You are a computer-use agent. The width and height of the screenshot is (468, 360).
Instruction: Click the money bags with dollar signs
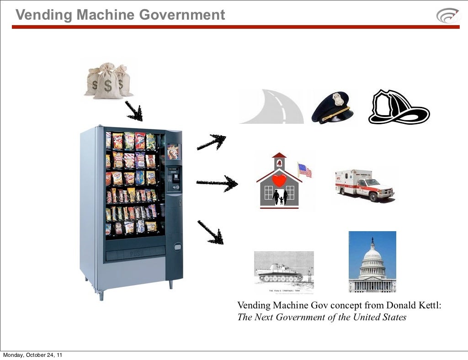click(x=108, y=81)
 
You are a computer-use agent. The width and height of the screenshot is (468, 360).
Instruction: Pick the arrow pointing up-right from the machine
click(x=211, y=142)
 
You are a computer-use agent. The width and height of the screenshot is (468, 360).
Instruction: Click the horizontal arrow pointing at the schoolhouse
click(x=217, y=184)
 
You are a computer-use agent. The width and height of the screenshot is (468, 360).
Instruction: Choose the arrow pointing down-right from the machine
click(x=210, y=232)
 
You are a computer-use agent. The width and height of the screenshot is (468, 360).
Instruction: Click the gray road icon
click(x=271, y=107)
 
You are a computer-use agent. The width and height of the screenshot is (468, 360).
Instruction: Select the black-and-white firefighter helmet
click(x=398, y=107)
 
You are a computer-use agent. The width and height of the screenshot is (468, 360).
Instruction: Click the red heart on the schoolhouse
click(x=279, y=180)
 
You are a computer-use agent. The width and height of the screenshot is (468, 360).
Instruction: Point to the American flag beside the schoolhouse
click(x=305, y=170)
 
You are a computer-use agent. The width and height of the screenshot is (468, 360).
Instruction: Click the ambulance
click(x=364, y=185)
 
